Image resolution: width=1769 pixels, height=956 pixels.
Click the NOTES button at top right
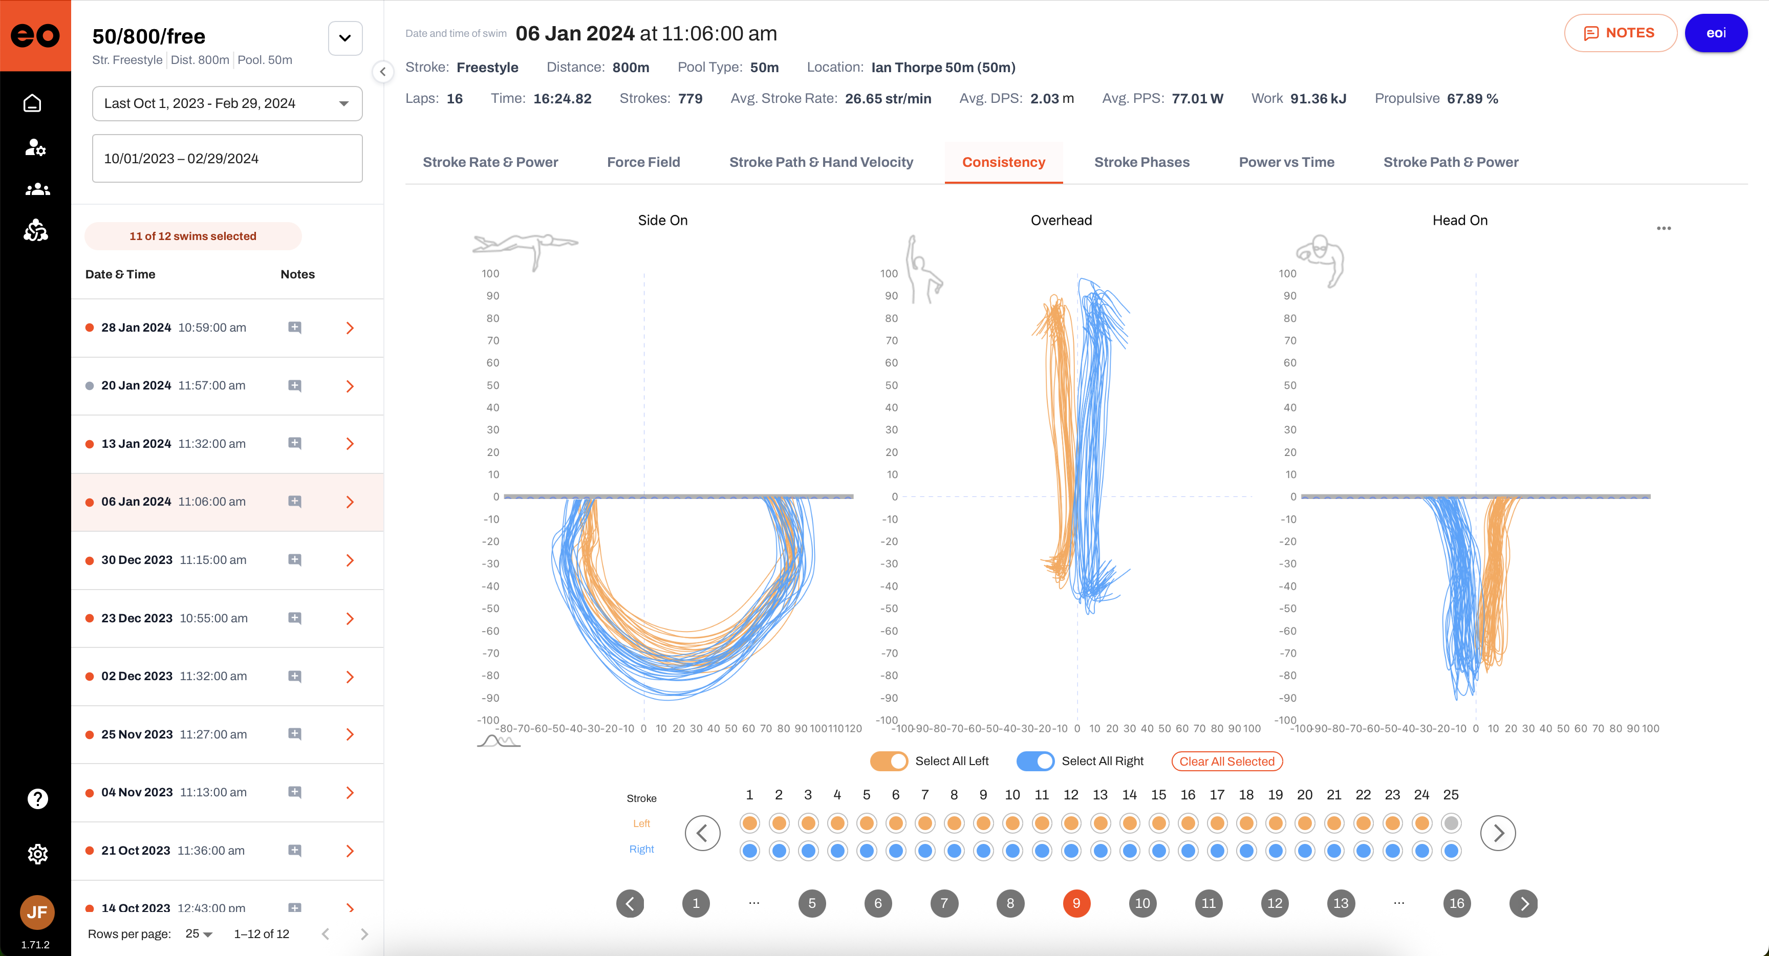[1620, 33]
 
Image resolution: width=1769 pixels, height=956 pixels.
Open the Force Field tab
[643, 162]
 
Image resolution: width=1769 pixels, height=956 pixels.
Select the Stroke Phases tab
[1141, 162]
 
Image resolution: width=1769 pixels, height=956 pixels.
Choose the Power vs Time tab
[1286, 162]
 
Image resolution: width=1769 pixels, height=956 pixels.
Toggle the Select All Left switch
[889, 761]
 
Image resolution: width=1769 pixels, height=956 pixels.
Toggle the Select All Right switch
[1035, 761]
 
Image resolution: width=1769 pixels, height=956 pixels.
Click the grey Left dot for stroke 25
[1450, 823]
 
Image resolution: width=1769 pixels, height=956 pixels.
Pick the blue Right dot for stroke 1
[749, 851]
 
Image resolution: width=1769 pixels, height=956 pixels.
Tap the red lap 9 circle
[1076, 903]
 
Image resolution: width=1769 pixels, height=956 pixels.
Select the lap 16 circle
[1457, 903]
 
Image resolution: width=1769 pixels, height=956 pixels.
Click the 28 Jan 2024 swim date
[136, 328]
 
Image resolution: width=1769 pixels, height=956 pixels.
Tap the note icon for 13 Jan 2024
[295, 444]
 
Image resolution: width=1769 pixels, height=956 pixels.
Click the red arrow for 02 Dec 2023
[350, 677]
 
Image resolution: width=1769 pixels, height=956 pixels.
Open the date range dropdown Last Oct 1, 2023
[227, 103]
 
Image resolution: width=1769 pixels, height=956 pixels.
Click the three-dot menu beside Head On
[1663, 228]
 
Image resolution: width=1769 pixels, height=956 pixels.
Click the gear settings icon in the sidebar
[37, 854]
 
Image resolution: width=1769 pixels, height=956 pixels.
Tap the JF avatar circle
[37, 912]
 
